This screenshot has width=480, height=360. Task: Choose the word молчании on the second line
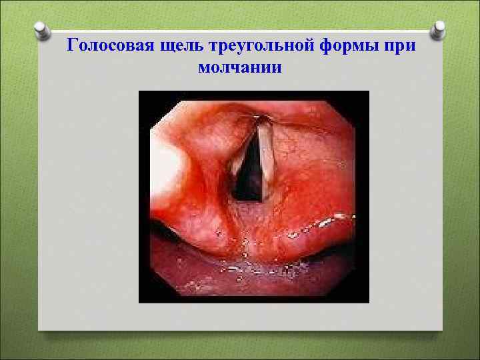[240, 67]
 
